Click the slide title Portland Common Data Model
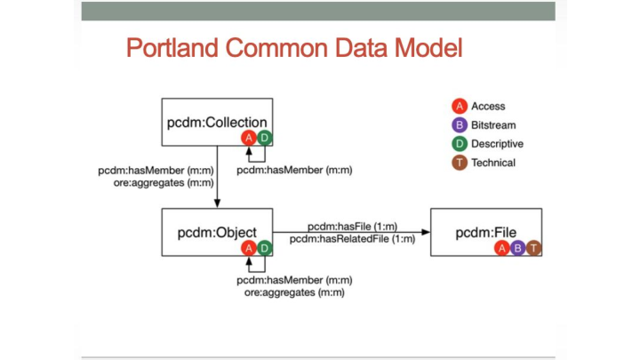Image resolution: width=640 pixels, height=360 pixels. (294, 46)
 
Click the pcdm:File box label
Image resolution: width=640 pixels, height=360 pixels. (484, 233)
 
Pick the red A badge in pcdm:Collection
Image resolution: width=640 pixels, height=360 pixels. (249, 137)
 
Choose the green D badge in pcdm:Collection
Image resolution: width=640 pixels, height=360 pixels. (264, 137)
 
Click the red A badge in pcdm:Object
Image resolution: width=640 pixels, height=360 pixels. (249, 248)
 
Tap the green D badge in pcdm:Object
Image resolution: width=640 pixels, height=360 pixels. (264, 248)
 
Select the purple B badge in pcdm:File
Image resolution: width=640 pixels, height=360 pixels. (518, 248)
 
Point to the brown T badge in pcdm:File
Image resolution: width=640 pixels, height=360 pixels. (532, 248)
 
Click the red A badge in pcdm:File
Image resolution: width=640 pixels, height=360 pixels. (503, 248)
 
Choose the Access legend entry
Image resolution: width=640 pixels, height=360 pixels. (488, 107)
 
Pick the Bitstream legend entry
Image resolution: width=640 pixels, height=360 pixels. (492, 125)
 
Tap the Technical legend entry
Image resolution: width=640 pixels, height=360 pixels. (492, 163)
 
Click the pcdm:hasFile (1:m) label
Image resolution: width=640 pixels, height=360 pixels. (350, 227)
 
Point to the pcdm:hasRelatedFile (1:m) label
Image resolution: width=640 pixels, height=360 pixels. (350, 239)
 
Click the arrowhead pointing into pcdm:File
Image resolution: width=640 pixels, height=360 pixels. (426, 233)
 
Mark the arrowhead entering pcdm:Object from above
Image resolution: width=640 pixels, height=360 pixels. (218, 204)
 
